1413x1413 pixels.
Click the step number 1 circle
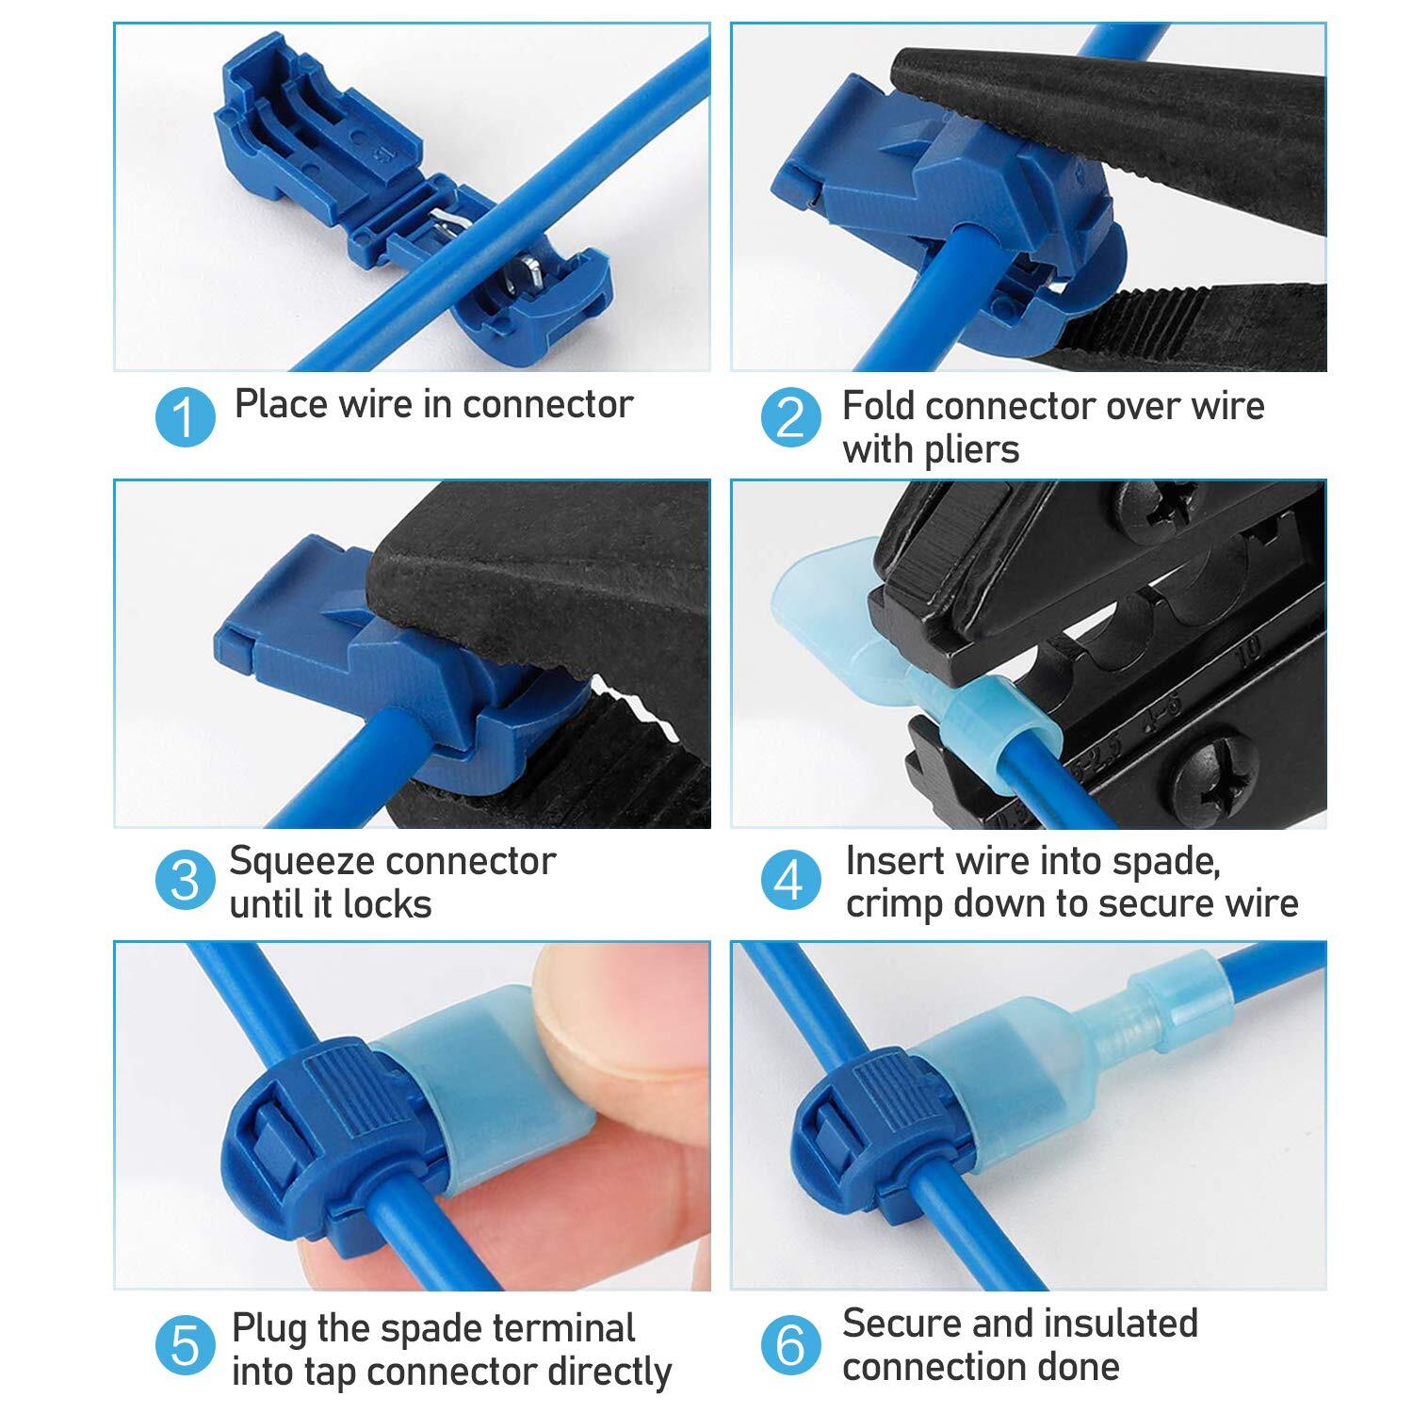(186, 416)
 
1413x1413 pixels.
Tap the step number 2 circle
(790, 417)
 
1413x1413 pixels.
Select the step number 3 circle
(186, 880)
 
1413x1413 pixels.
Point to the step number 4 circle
(790, 880)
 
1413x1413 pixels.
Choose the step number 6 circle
(790, 1345)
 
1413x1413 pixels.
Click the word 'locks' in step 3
(386, 904)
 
